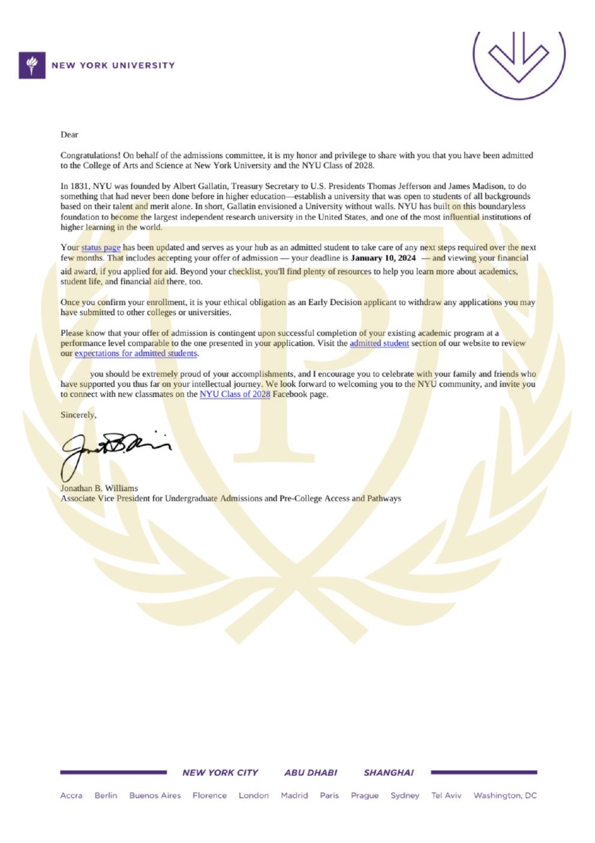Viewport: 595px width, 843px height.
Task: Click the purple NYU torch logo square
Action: pos(32,65)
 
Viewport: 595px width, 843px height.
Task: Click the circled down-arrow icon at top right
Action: pos(519,58)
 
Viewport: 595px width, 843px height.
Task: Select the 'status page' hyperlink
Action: pos(101,247)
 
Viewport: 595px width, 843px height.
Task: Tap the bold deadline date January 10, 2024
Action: pos(383,258)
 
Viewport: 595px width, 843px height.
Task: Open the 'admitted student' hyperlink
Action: pos(379,343)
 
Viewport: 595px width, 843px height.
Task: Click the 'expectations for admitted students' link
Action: pos(136,354)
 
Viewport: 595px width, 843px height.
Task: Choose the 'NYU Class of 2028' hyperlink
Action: pos(235,394)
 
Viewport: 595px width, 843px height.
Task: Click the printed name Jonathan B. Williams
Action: pos(99,488)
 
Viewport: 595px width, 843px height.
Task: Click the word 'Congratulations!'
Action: pos(91,156)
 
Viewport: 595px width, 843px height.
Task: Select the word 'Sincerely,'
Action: pos(79,415)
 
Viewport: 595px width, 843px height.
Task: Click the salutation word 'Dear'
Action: pos(70,134)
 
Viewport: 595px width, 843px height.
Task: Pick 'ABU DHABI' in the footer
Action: pos(311,773)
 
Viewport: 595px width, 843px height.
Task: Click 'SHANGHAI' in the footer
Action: pos(389,773)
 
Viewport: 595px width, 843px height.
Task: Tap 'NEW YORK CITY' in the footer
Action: pos(220,773)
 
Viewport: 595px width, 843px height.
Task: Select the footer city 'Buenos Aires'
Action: pos(155,796)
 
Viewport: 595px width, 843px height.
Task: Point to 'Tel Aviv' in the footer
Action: pos(446,796)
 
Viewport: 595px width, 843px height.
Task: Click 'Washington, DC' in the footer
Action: pos(505,796)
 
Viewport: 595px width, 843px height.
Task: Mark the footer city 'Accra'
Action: pos(71,796)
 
